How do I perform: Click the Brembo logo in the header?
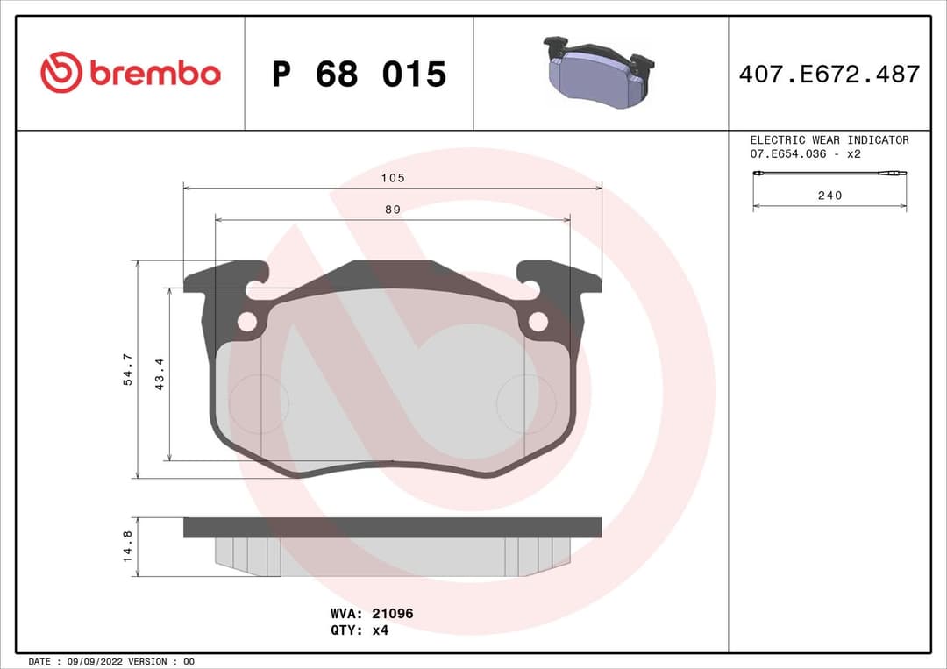pyautogui.click(x=130, y=74)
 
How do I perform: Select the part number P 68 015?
pyautogui.click(x=359, y=75)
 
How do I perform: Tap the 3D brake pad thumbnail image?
pyautogui.click(x=599, y=73)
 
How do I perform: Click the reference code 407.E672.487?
pyautogui.click(x=829, y=75)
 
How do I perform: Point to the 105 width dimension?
pyautogui.click(x=393, y=178)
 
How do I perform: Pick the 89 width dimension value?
pyautogui.click(x=393, y=210)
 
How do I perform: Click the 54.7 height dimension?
pyautogui.click(x=127, y=369)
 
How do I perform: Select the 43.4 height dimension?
pyautogui.click(x=160, y=374)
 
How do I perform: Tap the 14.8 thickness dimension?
pyautogui.click(x=127, y=546)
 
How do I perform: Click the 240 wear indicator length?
pyautogui.click(x=829, y=196)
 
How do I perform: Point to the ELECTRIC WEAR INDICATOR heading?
pyautogui.click(x=829, y=140)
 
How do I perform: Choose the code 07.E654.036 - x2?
pyautogui.click(x=805, y=154)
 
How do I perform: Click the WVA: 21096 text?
pyautogui.click(x=371, y=614)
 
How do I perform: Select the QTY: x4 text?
pyautogui.click(x=359, y=630)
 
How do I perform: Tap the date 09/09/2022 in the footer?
pyautogui.click(x=96, y=661)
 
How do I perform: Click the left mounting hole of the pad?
pyautogui.click(x=247, y=322)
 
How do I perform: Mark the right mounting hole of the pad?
pyautogui.click(x=538, y=322)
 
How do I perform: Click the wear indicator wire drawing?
pyautogui.click(x=829, y=175)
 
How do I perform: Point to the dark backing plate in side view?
pyautogui.click(x=392, y=527)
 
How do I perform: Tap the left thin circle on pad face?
pyautogui.click(x=258, y=404)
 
